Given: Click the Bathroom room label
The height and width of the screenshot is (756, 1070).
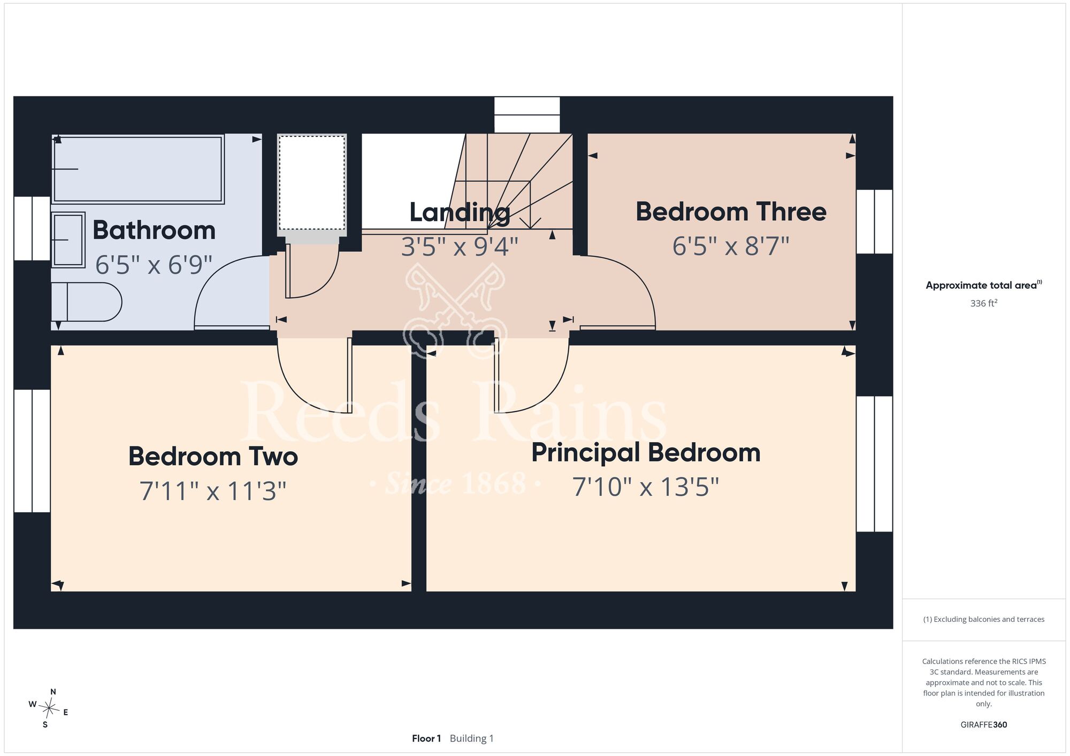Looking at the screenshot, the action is (x=154, y=230).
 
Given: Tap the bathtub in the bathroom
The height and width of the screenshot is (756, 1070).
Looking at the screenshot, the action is (x=137, y=169).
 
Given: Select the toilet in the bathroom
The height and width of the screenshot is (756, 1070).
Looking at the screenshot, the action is (x=86, y=302).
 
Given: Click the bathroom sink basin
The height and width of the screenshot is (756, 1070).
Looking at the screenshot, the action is (x=68, y=240).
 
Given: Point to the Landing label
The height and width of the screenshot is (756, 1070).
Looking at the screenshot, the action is (x=460, y=212).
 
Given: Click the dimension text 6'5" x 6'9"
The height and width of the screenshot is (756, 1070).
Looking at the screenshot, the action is (x=154, y=265).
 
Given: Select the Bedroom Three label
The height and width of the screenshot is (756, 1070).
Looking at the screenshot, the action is (x=731, y=212).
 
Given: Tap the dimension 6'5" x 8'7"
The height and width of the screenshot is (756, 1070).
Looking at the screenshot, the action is (x=731, y=246).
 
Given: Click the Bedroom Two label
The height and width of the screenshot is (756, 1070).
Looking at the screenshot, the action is (x=213, y=457).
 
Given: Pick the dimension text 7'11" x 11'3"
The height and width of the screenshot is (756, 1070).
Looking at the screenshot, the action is (x=213, y=491).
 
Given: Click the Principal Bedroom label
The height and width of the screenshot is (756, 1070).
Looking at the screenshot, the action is (x=646, y=453).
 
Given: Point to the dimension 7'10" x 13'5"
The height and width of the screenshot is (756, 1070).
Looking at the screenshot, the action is (x=646, y=487).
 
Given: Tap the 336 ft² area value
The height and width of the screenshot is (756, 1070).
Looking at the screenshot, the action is (x=984, y=303).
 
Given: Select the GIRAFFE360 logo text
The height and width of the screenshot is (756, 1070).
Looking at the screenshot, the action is (x=984, y=725).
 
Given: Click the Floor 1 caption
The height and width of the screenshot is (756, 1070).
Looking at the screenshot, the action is (x=426, y=738).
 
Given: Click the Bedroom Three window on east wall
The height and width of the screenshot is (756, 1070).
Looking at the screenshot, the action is (x=874, y=221).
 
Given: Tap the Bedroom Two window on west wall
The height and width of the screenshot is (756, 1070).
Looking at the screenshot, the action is (x=32, y=451).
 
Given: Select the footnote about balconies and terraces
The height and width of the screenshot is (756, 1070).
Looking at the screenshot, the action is (x=984, y=619).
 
